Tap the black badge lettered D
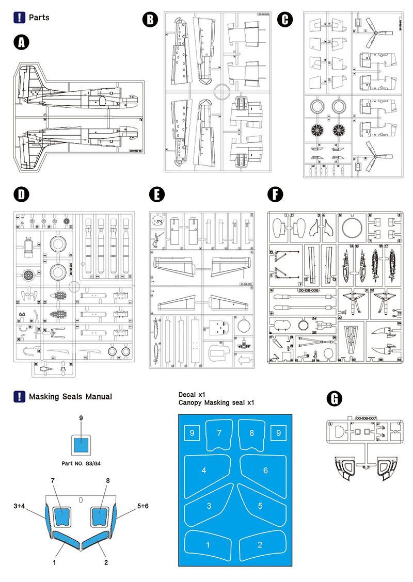[21, 195]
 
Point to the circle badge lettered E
[156, 195]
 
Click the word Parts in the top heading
[39, 18]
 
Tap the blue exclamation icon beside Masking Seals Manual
[19, 397]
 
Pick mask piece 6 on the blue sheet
[265, 470]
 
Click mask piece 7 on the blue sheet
[219, 433]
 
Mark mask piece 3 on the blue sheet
[209, 506]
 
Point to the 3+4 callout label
[21, 506]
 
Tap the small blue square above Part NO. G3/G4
[81, 445]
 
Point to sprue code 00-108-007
[367, 417]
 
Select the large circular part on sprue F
[352, 225]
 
